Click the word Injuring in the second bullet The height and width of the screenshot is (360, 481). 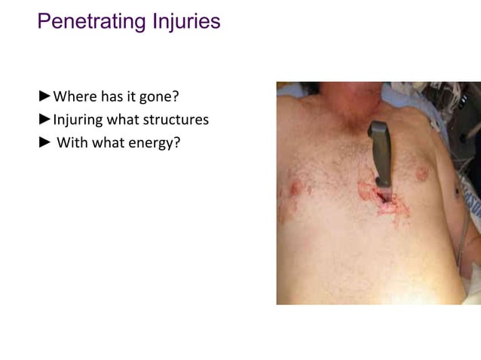[78, 119]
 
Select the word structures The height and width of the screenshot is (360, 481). [179, 119]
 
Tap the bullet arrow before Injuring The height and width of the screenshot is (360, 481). [44, 118]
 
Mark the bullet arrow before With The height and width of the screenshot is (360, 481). [44, 141]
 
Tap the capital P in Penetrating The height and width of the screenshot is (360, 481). [44, 21]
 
